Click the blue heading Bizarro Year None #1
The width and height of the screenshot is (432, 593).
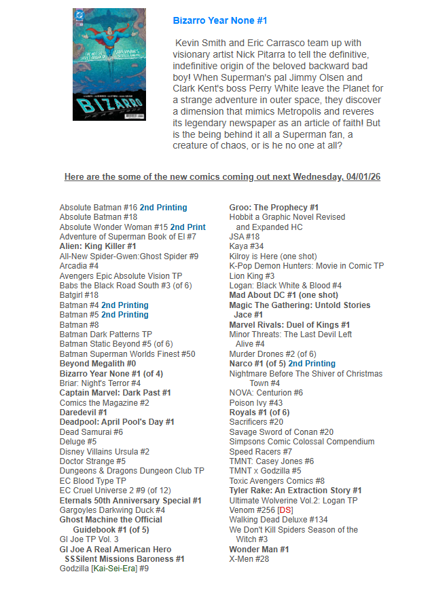[x=220, y=21]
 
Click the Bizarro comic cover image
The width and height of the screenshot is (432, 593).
[x=109, y=64]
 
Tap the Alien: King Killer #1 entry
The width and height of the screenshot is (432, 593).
[x=98, y=246]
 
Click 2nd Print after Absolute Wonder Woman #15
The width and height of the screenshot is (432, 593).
[x=188, y=227]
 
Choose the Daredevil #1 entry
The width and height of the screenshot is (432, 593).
[x=83, y=412]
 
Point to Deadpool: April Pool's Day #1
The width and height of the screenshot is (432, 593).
[x=117, y=422]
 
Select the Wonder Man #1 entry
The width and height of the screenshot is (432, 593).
[x=259, y=549]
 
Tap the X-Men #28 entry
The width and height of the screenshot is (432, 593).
[x=249, y=558]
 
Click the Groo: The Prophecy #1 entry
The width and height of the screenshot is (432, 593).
[x=274, y=208]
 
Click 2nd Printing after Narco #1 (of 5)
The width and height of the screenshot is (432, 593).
[x=312, y=364]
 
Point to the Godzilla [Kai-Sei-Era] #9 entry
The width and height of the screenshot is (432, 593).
[x=104, y=569]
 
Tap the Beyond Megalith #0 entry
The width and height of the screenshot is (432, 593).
[x=98, y=364]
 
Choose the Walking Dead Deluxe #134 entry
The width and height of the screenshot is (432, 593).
[x=278, y=520]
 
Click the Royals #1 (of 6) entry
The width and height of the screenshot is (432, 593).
[x=259, y=412]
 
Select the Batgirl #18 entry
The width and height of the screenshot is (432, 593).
[x=79, y=295]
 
